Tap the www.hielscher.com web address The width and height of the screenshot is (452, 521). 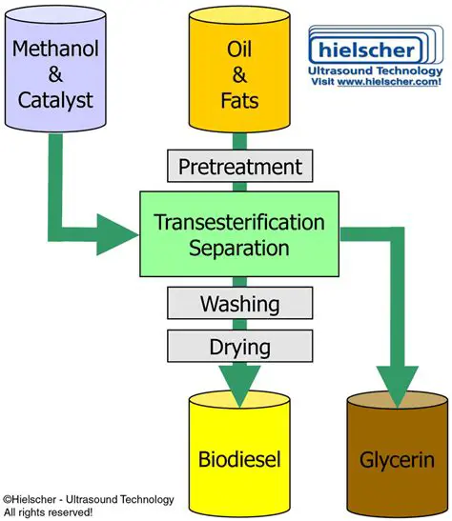tap(392, 83)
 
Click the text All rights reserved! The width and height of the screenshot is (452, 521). tap(48, 511)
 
